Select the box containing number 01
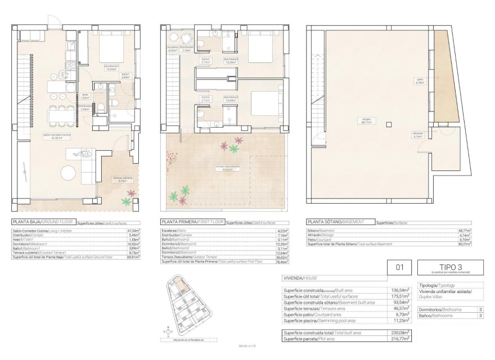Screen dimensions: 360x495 pyautogui.click(x=400, y=268)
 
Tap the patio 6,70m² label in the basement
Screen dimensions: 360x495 pyautogui.click(x=420, y=80)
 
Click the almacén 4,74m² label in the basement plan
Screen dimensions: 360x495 pyautogui.click(x=418, y=136)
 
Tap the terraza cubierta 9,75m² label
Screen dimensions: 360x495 pyautogui.click(x=121, y=181)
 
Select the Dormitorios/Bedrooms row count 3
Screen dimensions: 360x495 pyautogui.click(x=480, y=310)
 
